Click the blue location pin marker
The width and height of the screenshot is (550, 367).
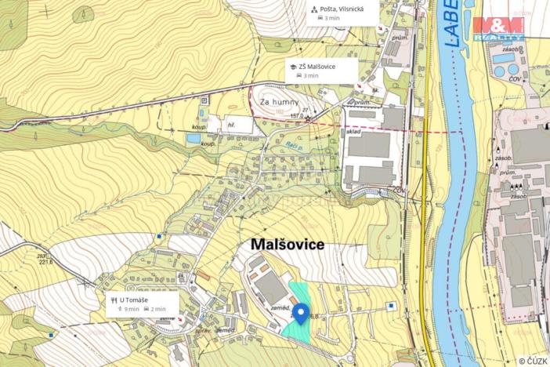(x=299, y=313)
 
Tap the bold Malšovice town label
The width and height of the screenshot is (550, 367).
(x=287, y=245)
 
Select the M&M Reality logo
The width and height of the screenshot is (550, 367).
(x=498, y=28)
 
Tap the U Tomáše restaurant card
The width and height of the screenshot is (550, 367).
(x=142, y=303)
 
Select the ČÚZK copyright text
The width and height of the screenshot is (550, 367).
(x=533, y=361)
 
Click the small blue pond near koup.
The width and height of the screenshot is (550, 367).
(x=194, y=138)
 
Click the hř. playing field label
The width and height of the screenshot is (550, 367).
(x=232, y=125)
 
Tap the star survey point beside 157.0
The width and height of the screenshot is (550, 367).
(x=308, y=120)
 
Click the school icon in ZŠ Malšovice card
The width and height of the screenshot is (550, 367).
(x=291, y=67)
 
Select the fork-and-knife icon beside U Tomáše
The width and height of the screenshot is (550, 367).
(x=114, y=299)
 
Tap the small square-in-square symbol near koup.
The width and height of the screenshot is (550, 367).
(x=204, y=100)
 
